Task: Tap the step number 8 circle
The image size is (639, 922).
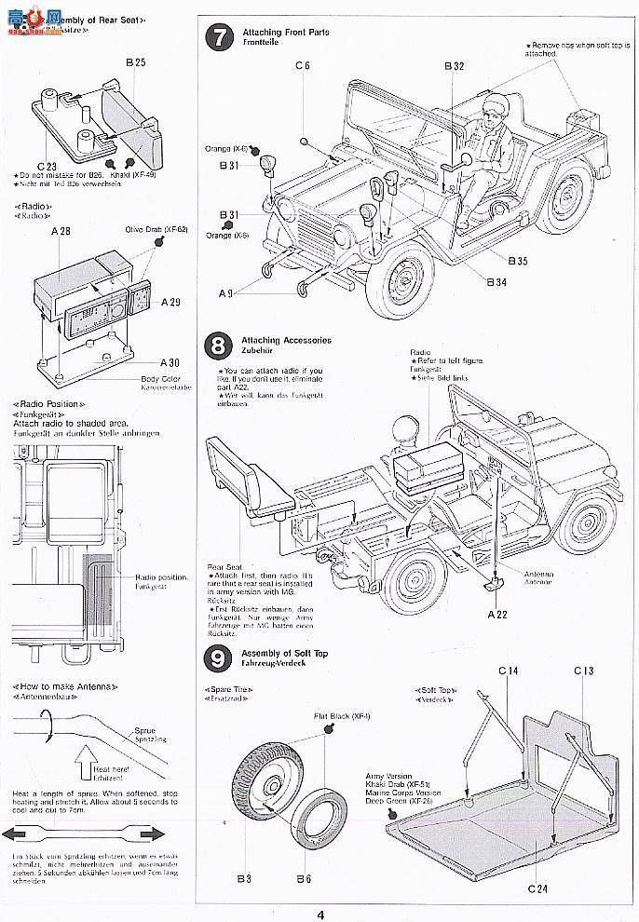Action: coord(217,346)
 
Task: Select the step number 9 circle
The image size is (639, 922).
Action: coord(217,659)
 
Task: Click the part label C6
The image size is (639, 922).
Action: coord(303,65)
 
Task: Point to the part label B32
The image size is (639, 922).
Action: coord(454,66)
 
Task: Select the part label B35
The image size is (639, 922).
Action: coord(518,261)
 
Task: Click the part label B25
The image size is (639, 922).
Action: coord(136,62)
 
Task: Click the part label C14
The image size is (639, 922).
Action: coord(509,671)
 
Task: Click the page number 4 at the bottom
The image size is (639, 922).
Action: coord(319,914)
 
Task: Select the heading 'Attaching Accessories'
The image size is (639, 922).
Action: coord(284,341)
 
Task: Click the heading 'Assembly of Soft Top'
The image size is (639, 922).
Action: coord(284,653)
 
